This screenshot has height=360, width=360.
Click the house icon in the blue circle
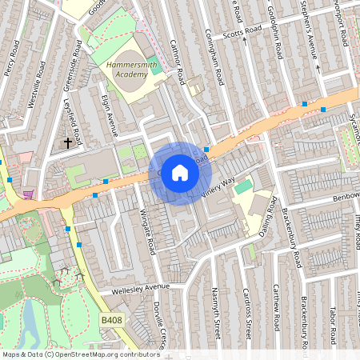[180, 173]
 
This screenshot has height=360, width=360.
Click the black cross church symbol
[68, 144]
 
